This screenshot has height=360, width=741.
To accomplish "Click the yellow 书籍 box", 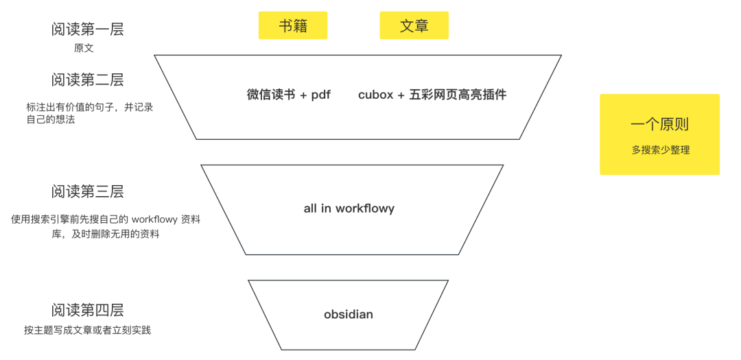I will (x=293, y=26).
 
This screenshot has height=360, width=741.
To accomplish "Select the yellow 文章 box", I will (x=414, y=26).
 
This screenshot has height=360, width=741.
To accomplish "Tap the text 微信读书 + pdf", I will (x=289, y=95).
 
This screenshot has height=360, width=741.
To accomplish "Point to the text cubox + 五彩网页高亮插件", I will (x=432, y=95).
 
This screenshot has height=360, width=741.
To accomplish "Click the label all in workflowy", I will (x=349, y=208).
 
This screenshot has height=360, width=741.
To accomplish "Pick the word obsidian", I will (x=349, y=315).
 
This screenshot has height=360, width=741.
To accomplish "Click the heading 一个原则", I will (x=659, y=125).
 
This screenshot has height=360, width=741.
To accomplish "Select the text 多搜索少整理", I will (x=660, y=149).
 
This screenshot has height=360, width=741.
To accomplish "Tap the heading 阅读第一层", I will (x=88, y=29).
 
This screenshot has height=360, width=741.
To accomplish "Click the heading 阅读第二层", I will (x=88, y=80).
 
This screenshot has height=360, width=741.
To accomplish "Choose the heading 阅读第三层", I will (x=88, y=191).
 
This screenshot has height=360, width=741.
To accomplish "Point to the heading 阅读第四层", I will (x=88, y=310).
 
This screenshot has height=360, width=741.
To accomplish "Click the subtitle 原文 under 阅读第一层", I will (x=84, y=49).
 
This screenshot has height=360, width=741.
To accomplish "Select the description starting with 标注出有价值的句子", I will (x=89, y=113).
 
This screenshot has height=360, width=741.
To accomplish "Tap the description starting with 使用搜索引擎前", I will (x=106, y=226).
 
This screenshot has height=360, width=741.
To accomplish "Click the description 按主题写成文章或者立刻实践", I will (x=87, y=331).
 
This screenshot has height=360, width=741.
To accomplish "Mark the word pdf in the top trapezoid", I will (x=321, y=95).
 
